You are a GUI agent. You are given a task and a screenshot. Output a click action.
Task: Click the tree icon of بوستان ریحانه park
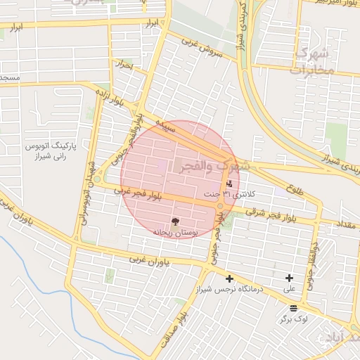[x=175, y=222]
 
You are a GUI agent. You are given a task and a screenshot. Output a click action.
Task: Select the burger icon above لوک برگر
[x=292, y=308]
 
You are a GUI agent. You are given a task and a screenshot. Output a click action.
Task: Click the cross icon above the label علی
[x=289, y=278]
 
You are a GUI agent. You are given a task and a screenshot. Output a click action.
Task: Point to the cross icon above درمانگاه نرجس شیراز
[x=229, y=279]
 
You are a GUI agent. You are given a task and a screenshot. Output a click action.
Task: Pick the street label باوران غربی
[x=150, y=260]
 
